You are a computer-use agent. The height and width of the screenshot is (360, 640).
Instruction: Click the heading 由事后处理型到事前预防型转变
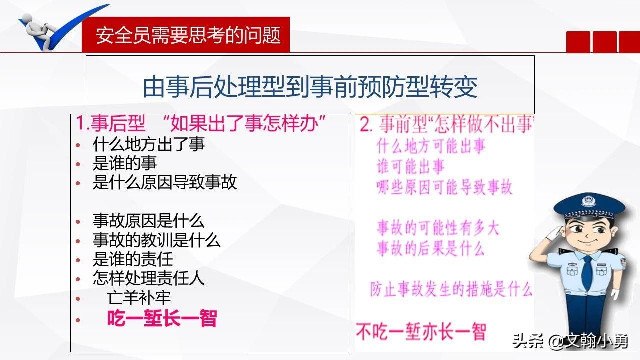coord(310,87)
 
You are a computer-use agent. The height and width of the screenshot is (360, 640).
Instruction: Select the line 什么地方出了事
coord(149,145)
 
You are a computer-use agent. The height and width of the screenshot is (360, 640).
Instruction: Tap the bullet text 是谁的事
coord(125,163)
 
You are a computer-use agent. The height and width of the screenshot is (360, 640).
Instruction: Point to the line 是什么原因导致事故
coord(165,182)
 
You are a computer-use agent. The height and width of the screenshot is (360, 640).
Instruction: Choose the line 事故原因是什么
coord(149,221)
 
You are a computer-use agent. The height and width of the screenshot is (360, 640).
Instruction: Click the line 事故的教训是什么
coord(157,240)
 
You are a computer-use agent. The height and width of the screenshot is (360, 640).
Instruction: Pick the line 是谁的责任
coord(133,259)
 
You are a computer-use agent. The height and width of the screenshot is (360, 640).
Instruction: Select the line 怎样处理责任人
coord(149,278)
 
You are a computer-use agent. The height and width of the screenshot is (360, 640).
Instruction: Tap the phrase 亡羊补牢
coord(139,298)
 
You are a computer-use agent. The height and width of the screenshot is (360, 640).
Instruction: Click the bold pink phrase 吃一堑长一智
coord(162,319)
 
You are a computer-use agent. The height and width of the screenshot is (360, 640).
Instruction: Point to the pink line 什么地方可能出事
coord(431,147)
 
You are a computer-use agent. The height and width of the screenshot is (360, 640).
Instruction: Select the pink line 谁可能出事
coord(410,167)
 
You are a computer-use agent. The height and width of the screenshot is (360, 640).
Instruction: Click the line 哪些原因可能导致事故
coord(444,187)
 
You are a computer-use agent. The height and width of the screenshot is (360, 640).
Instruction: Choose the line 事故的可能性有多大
coord(438,228)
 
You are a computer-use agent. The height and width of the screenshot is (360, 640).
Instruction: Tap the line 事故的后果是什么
coord(430,248)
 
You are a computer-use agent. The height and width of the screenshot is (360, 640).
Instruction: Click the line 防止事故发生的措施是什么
coord(451,289)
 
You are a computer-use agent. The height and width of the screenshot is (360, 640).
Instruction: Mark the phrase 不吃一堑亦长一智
coord(421,332)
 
